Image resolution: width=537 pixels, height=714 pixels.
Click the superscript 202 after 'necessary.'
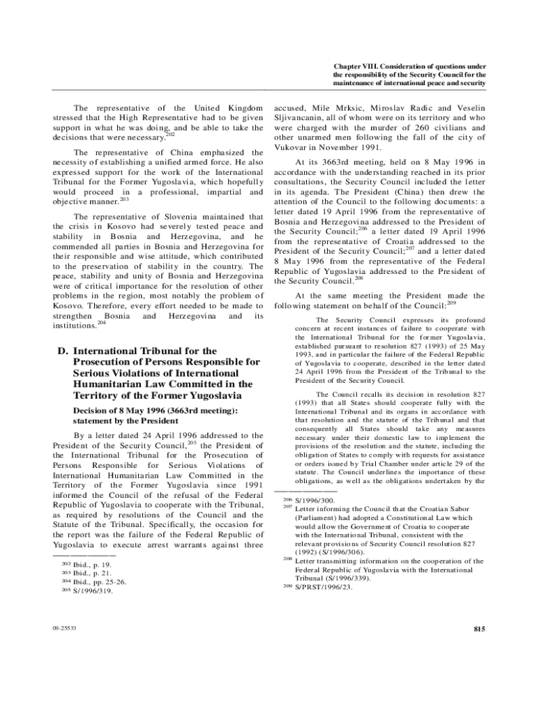click(x=170, y=134)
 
